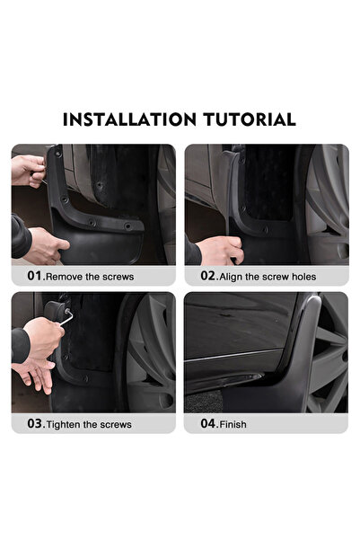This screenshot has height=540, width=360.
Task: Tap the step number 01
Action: [34, 276]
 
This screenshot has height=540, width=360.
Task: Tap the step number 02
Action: [207, 276]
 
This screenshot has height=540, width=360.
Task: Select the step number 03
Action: [34, 423]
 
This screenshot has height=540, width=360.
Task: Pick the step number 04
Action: [207, 423]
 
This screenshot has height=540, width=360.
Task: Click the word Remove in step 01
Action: [68, 277]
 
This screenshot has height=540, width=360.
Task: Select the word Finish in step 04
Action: [232, 424]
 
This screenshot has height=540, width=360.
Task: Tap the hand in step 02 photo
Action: [220, 249]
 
